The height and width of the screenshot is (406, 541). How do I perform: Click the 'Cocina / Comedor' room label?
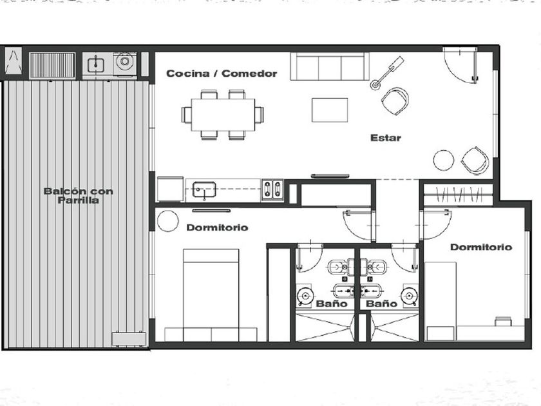point(222,73)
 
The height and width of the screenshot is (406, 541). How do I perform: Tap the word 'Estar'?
point(386,138)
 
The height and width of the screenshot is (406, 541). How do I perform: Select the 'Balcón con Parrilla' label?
point(79,196)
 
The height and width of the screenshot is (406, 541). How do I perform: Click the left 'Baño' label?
point(332,304)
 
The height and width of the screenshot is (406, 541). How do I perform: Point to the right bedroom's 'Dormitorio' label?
point(481,247)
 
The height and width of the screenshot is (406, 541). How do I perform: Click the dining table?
point(223,115)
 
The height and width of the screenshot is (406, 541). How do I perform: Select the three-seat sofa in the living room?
point(330,66)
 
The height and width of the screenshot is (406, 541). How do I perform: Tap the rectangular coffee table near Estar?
point(330,110)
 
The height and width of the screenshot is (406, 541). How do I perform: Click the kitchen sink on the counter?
point(204,190)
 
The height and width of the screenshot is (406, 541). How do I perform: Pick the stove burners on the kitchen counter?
point(272,189)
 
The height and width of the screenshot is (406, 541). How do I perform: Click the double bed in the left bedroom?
point(211,295)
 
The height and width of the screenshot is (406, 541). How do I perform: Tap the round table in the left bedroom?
point(168,221)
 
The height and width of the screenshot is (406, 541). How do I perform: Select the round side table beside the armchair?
point(444,160)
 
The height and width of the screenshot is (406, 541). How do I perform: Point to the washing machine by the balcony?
point(124,62)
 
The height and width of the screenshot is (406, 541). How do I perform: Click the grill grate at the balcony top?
point(52,65)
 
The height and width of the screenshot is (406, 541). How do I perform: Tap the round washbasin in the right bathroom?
point(409,296)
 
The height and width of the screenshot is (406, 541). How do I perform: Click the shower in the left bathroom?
point(325,327)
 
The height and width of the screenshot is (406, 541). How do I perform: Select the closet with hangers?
point(458,195)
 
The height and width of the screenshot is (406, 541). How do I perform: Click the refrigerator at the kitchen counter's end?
point(171,189)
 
